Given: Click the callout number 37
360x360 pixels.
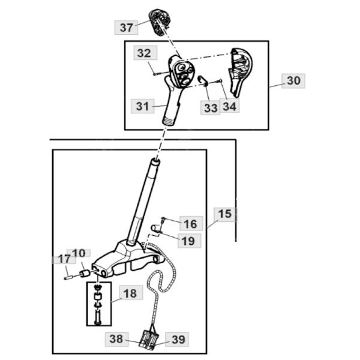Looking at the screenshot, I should click(x=126, y=27).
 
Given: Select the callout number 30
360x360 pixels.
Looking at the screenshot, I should click(x=293, y=80).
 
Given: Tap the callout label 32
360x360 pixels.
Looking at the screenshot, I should click(x=143, y=53).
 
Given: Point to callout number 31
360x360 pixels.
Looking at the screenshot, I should click(x=142, y=106).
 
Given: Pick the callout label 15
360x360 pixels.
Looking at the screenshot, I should click(x=224, y=214).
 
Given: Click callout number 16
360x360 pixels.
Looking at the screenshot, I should click(x=190, y=224).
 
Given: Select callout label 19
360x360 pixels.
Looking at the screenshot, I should click(x=188, y=241).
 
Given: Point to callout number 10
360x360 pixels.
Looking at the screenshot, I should click(x=79, y=253).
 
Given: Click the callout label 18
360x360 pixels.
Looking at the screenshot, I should click(x=130, y=293).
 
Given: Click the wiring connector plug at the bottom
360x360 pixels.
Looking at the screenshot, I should click(x=148, y=339).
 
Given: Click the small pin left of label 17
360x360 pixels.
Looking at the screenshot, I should click(x=67, y=277).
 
